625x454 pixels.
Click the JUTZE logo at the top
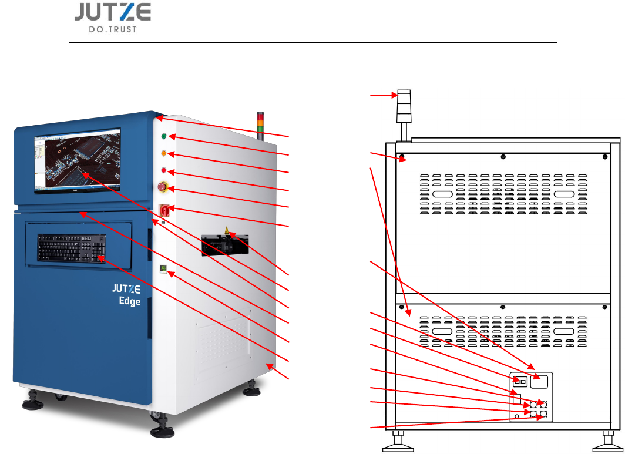tap(113, 12)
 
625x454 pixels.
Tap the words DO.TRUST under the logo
tap(113, 29)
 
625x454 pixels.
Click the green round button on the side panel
tap(163, 137)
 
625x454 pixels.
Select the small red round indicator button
tap(164, 171)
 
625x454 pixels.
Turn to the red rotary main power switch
tap(164, 210)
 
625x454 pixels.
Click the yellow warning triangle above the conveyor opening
tap(227, 231)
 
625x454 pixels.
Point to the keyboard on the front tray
tap(72, 248)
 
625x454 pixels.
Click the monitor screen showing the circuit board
tap(77, 161)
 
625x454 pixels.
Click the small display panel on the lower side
tap(163, 269)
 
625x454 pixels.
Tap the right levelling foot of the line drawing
tap(608, 443)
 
